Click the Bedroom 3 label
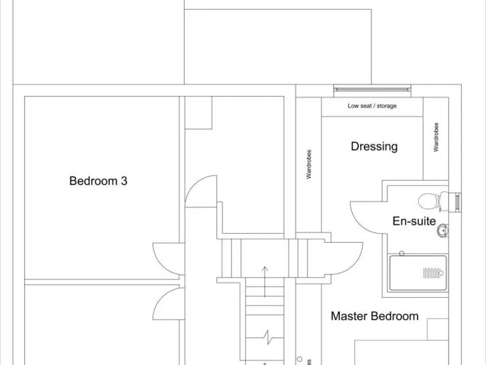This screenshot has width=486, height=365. (98, 181)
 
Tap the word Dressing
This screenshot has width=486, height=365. (374, 146)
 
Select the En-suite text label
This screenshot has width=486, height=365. (414, 221)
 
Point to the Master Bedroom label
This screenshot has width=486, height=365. (375, 316)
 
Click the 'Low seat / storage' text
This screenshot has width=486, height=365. (372, 106)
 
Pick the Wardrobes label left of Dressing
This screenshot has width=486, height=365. (309, 164)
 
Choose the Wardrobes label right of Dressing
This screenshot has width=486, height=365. (436, 137)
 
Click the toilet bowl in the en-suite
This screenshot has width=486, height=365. (430, 202)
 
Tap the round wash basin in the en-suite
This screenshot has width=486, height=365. (443, 231)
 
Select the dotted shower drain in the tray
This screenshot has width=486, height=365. (432, 273)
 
